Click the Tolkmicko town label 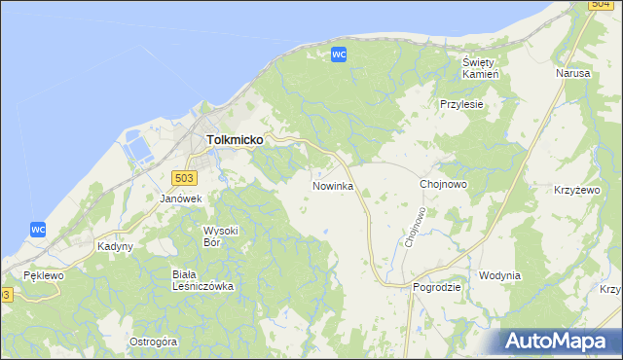tap(235, 140)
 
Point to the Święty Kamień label tap(480, 68)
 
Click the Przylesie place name tap(461, 104)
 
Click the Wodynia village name tap(499, 275)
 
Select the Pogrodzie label tap(435, 288)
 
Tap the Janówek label tap(180, 198)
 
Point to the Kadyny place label tap(115, 246)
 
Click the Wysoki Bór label tap(220, 235)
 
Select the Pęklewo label tap(44, 276)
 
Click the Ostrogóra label tap(153, 342)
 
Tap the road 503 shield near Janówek tap(183, 177)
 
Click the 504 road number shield tap(601, 5)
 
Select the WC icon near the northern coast tap(339, 54)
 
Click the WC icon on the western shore tap(38, 229)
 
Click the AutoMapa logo tap(560, 342)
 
